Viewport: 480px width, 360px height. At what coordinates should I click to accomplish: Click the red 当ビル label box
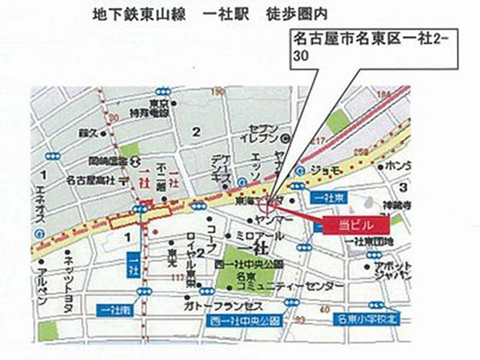[356, 225]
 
